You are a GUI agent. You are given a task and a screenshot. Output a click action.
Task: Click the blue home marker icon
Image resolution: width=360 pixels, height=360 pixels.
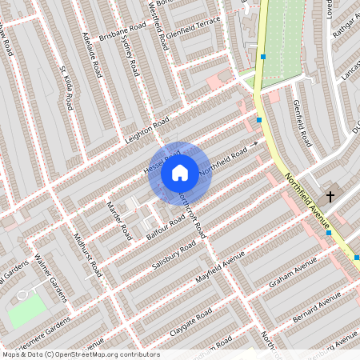179,172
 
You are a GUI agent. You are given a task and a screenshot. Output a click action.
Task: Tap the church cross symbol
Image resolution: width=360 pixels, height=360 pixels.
328,196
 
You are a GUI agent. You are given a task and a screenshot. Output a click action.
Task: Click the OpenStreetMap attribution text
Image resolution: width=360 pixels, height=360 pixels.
80,354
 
